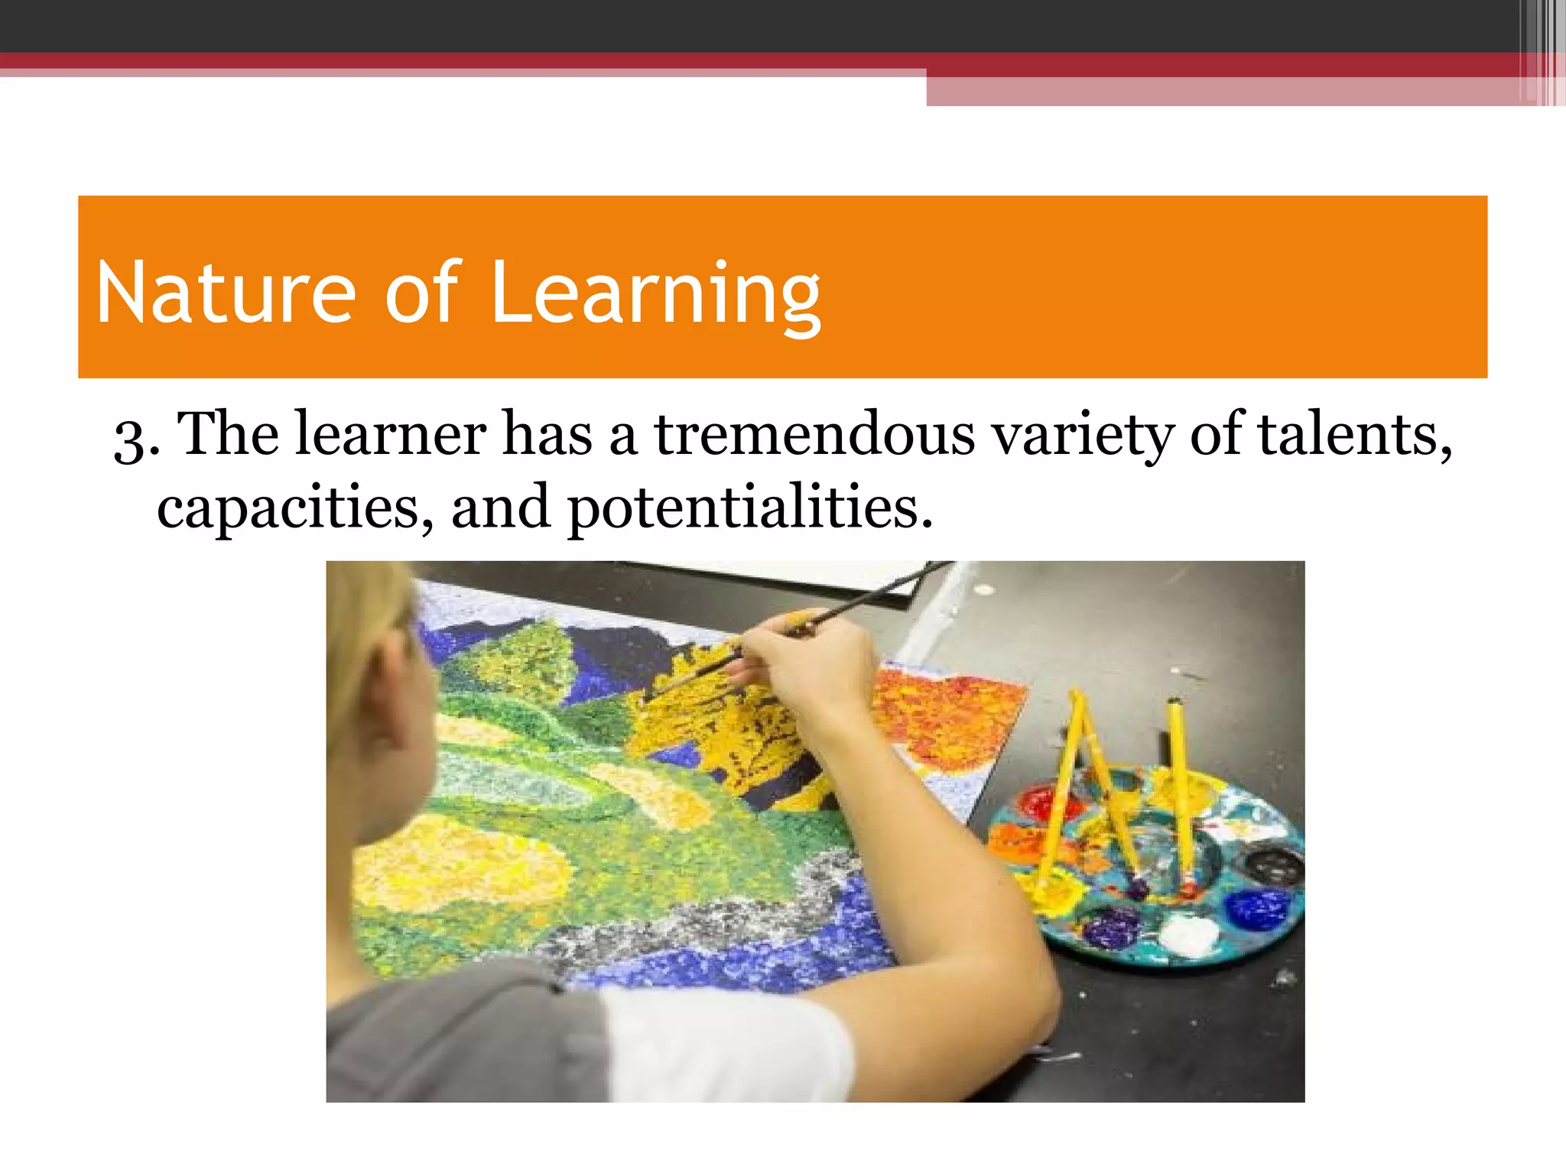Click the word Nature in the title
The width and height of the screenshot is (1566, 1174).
click(x=226, y=293)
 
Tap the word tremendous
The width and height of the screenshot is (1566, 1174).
click(x=814, y=435)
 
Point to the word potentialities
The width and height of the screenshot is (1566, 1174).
click(x=749, y=508)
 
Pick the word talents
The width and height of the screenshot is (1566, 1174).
click(x=1354, y=435)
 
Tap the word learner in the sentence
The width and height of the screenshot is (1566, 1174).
click(x=390, y=435)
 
